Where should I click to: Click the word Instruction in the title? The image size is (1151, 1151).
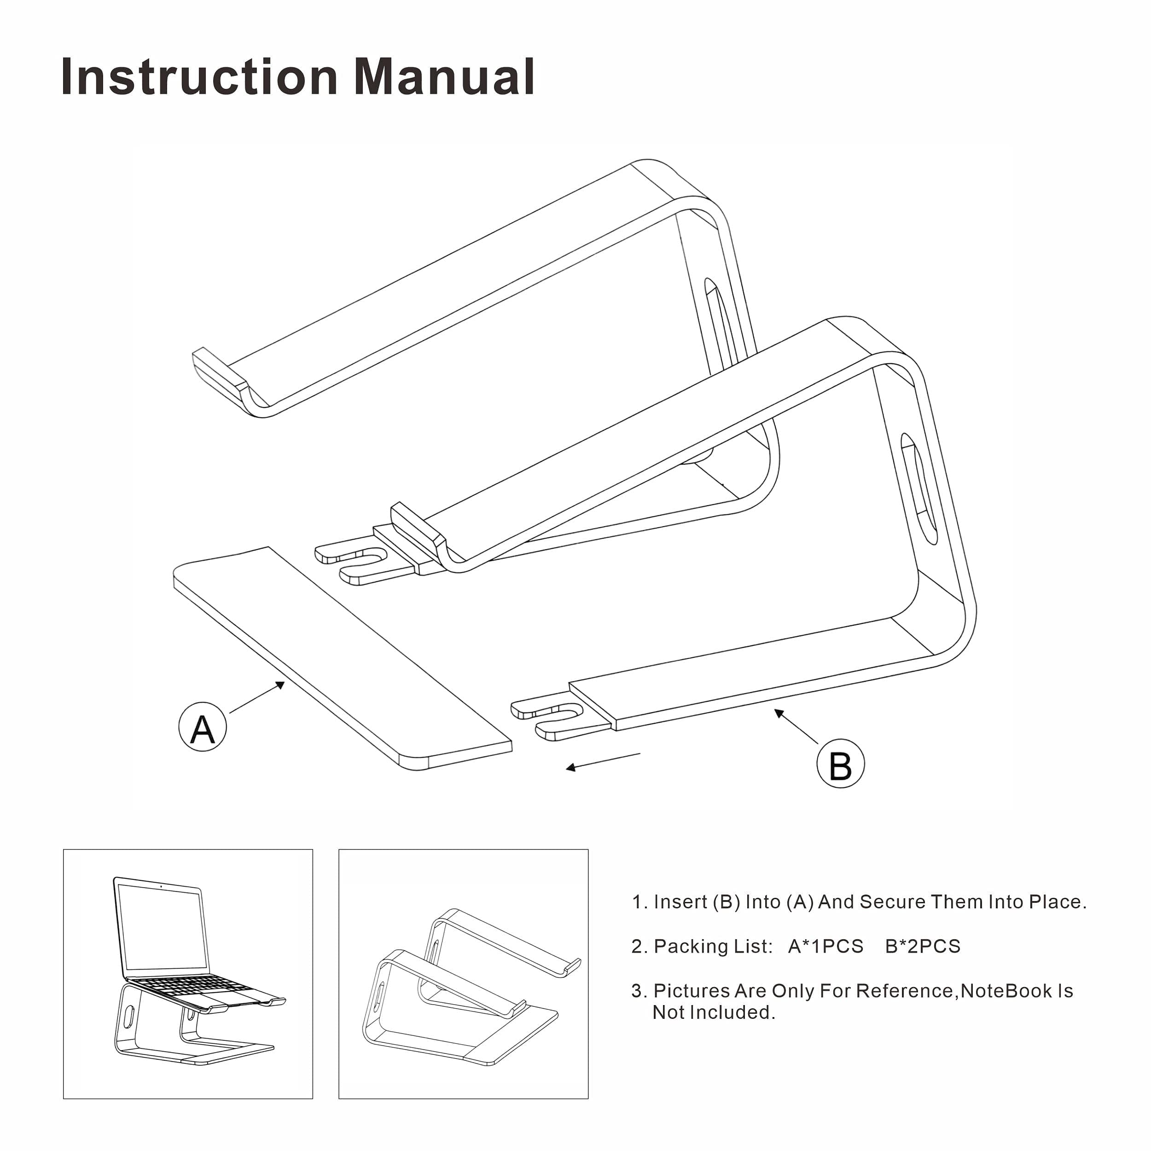pos(199,77)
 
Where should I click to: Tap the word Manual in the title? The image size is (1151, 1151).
pos(444,77)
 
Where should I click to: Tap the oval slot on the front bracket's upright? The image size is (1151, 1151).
pos(918,489)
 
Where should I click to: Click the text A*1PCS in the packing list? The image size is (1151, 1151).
pos(825,947)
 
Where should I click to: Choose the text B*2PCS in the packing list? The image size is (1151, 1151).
pos(922,947)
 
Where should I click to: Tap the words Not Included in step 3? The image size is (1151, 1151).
pos(714,1013)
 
